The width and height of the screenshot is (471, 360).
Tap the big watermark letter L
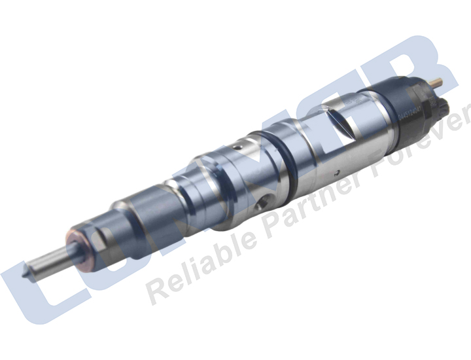tap(33, 288)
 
